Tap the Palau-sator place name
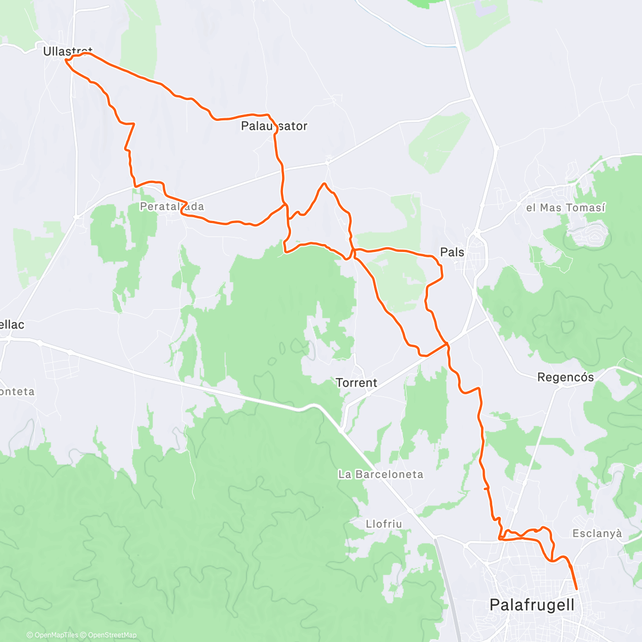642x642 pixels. [274, 126]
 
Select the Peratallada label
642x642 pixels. [172, 207]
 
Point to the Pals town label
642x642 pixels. [452, 252]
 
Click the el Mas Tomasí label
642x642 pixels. [565, 208]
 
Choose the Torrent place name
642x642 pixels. [356, 383]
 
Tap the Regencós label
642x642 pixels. [565, 378]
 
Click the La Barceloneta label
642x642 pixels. [380, 475]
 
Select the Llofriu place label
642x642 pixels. [384, 524]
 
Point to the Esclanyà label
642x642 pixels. [598, 533]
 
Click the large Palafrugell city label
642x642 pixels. [532, 605]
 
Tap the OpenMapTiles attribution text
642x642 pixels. [52, 636]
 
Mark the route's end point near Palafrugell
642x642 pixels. [577, 590]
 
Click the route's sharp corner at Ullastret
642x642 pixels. [66, 60]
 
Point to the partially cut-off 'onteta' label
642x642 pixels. [17, 392]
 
